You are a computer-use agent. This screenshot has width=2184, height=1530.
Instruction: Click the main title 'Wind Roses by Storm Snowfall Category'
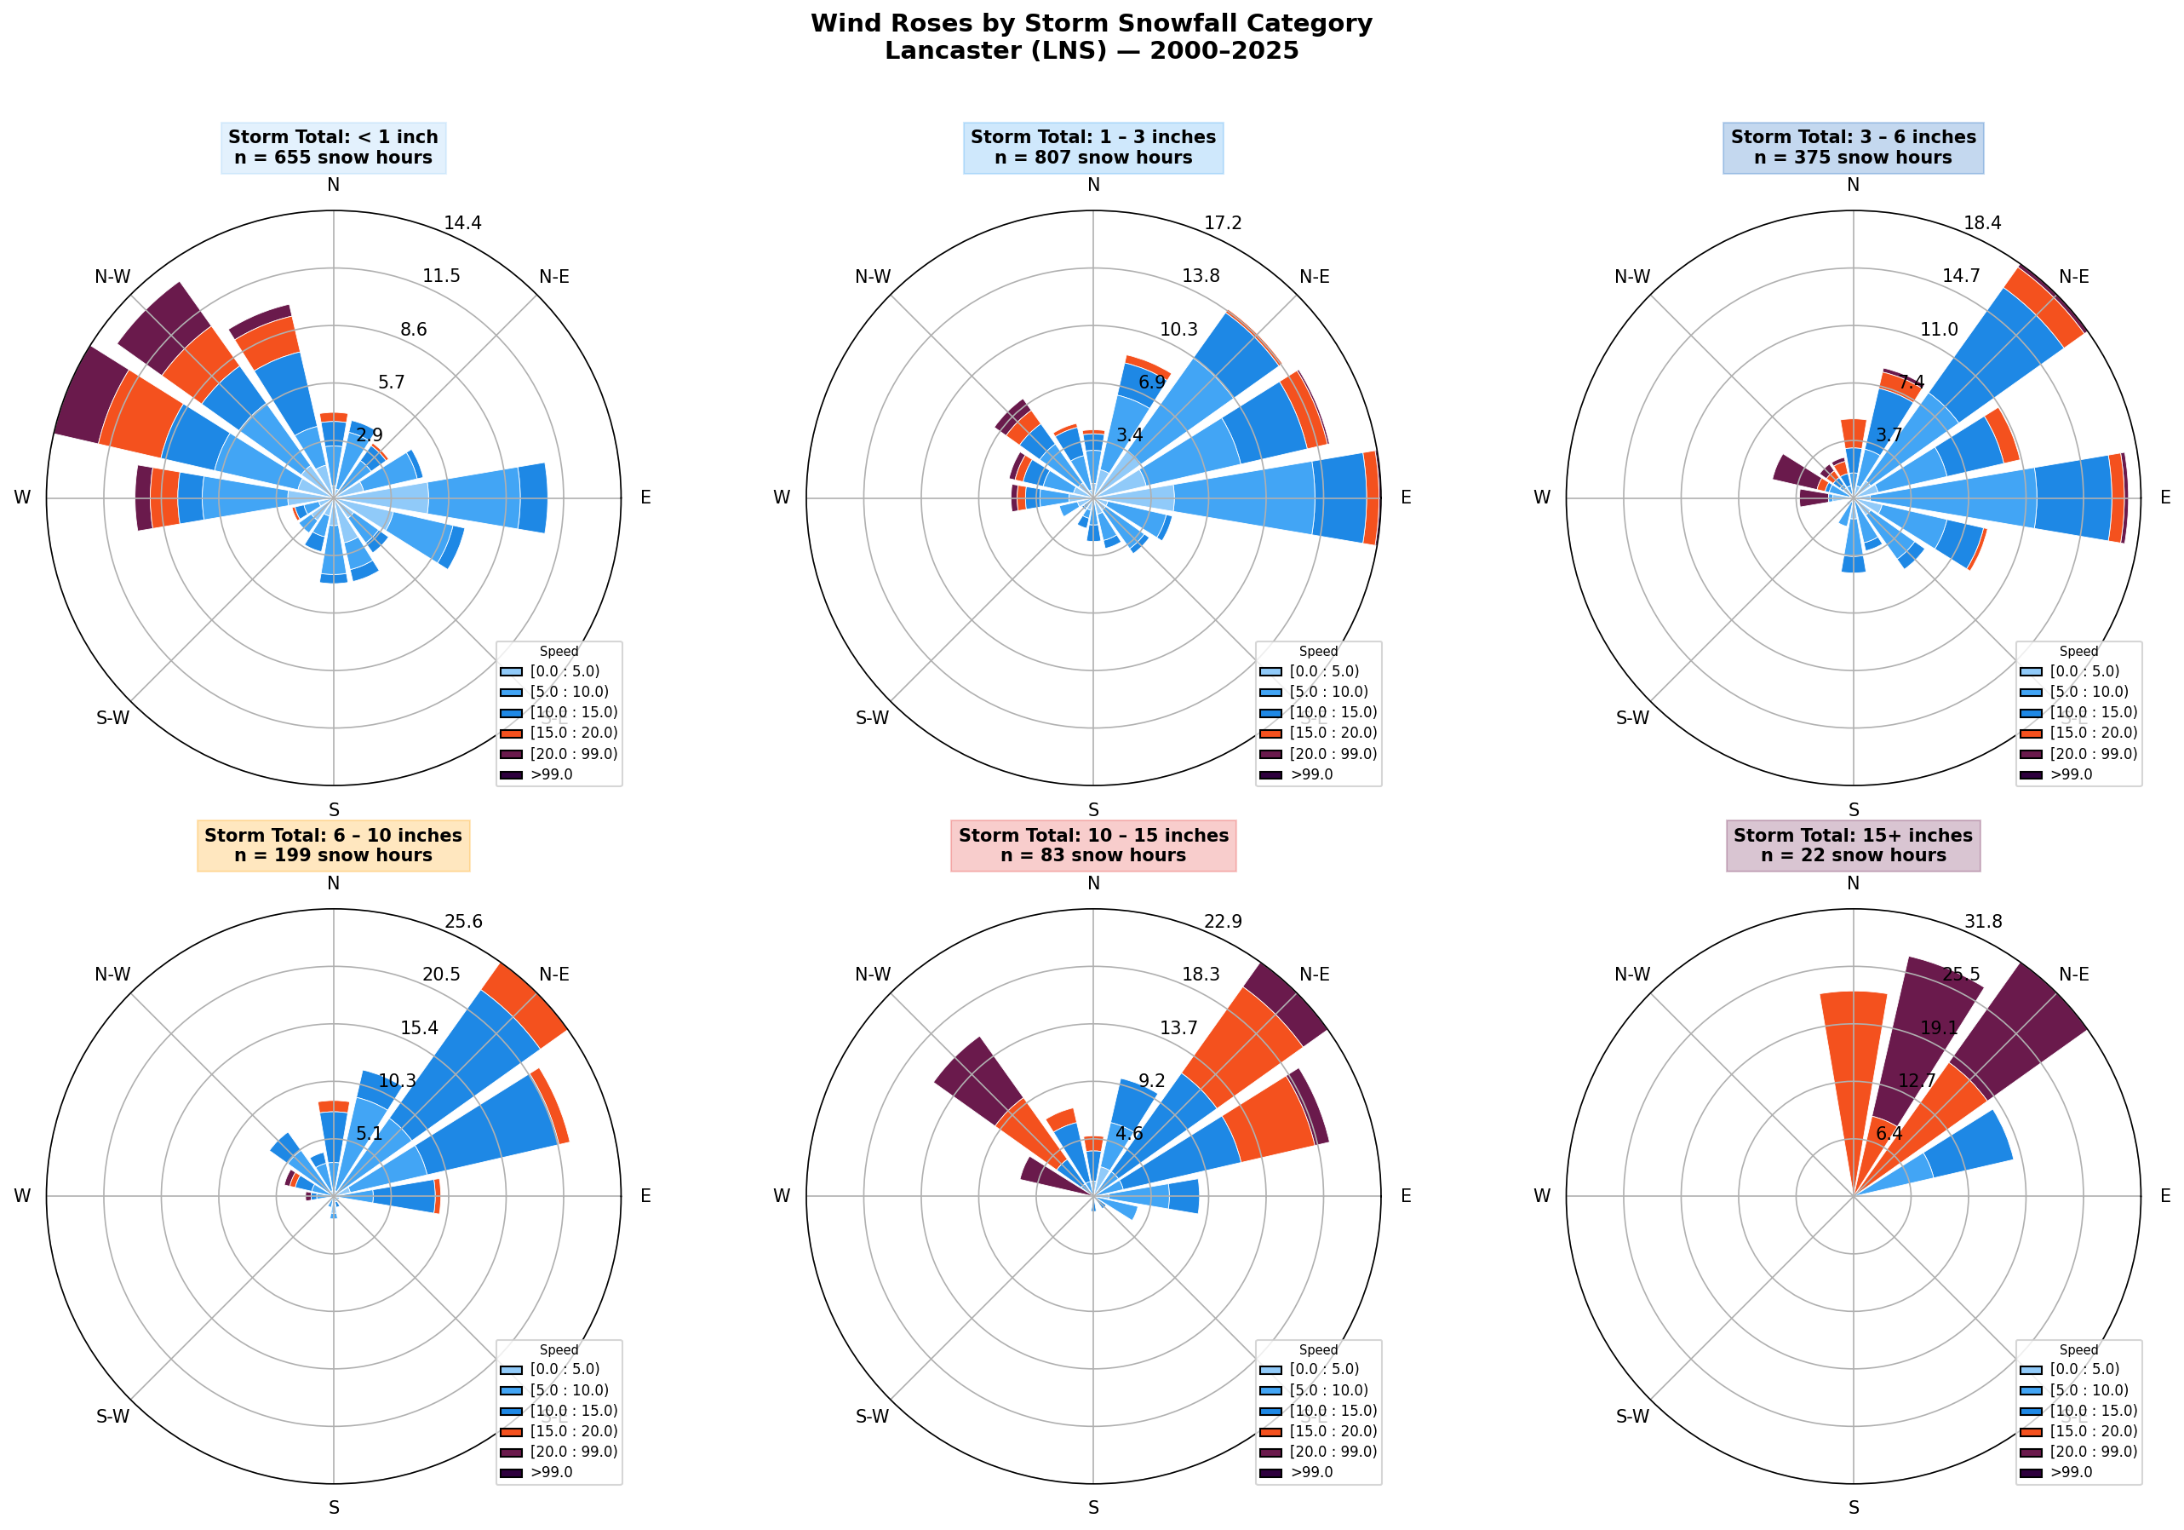tap(1091, 24)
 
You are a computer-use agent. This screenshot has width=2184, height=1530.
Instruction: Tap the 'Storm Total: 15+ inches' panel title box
tap(1852, 845)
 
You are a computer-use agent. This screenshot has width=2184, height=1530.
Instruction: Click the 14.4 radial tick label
tap(462, 223)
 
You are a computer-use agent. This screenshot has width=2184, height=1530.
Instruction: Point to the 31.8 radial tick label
tap(1982, 921)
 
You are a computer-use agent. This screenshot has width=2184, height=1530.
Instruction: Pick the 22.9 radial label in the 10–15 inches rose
tap(1223, 921)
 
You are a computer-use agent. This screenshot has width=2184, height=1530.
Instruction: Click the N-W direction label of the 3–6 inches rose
tap(1631, 277)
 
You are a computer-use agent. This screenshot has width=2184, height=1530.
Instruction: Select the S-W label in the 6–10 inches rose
tap(112, 1416)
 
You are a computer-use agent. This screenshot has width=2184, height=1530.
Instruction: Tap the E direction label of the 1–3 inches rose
tap(1405, 498)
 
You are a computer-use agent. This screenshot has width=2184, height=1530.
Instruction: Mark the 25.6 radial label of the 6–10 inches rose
tap(462, 921)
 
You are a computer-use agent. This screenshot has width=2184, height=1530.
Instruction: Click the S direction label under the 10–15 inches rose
tap(1093, 1507)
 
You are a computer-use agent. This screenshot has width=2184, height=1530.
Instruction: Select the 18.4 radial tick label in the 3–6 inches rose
tap(1982, 223)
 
